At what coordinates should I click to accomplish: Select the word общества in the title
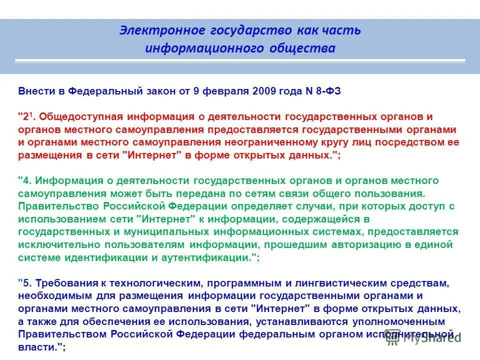coord(307,48)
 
